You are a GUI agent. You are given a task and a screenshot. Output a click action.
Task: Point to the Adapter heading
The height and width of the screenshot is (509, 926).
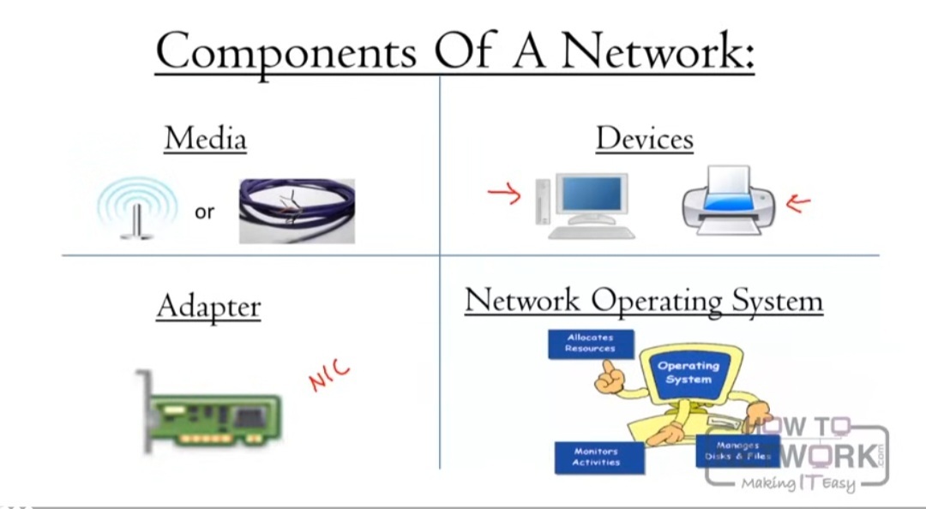tap(208, 306)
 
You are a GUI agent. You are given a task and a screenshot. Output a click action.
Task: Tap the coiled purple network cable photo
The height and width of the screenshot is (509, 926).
tap(297, 211)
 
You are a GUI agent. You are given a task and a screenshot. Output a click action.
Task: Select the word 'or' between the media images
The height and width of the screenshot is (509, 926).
tap(204, 212)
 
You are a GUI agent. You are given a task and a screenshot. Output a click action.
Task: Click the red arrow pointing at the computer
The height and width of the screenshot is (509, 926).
tap(504, 195)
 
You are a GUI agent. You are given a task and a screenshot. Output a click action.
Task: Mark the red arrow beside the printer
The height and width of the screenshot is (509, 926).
tap(798, 203)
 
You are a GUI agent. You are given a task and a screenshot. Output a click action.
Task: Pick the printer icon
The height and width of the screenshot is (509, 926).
tap(728, 201)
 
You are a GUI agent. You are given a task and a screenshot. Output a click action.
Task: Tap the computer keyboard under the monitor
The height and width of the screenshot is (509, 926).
tap(592, 232)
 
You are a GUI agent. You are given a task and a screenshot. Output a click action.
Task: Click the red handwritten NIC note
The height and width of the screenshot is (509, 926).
tap(330, 374)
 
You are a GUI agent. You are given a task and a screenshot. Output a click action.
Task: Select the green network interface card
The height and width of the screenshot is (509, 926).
tap(210, 415)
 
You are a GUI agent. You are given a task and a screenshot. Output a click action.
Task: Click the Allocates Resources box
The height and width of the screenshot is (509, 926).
tap(591, 344)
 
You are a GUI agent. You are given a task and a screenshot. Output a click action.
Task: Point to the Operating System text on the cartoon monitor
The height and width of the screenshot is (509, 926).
tap(688, 373)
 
